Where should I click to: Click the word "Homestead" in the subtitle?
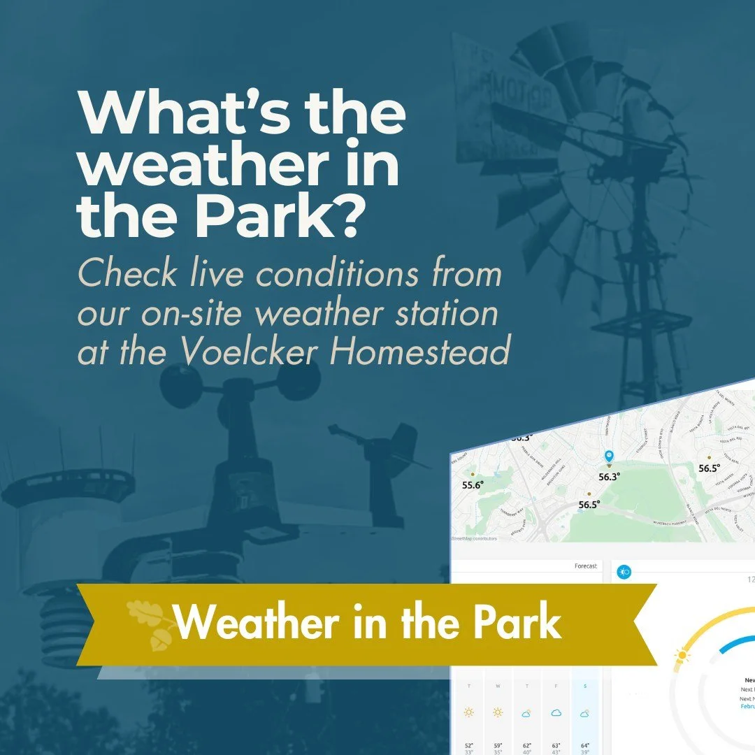coord(419,352)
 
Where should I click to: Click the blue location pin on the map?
coord(609,457)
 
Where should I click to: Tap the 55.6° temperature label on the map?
coord(473,484)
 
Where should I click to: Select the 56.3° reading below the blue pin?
coord(610,477)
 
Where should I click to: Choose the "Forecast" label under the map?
coord(585,566)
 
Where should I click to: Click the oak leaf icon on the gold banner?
coord(149,621)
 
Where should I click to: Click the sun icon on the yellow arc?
coord(681,656)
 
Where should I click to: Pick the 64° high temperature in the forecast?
coord(584,746)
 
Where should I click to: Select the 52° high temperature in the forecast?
coord(468,746)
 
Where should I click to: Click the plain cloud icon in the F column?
coord(556,712)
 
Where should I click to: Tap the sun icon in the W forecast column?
coord(498,712)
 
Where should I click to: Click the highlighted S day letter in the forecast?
coord(584,686)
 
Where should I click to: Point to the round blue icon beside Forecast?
coord(624,572)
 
